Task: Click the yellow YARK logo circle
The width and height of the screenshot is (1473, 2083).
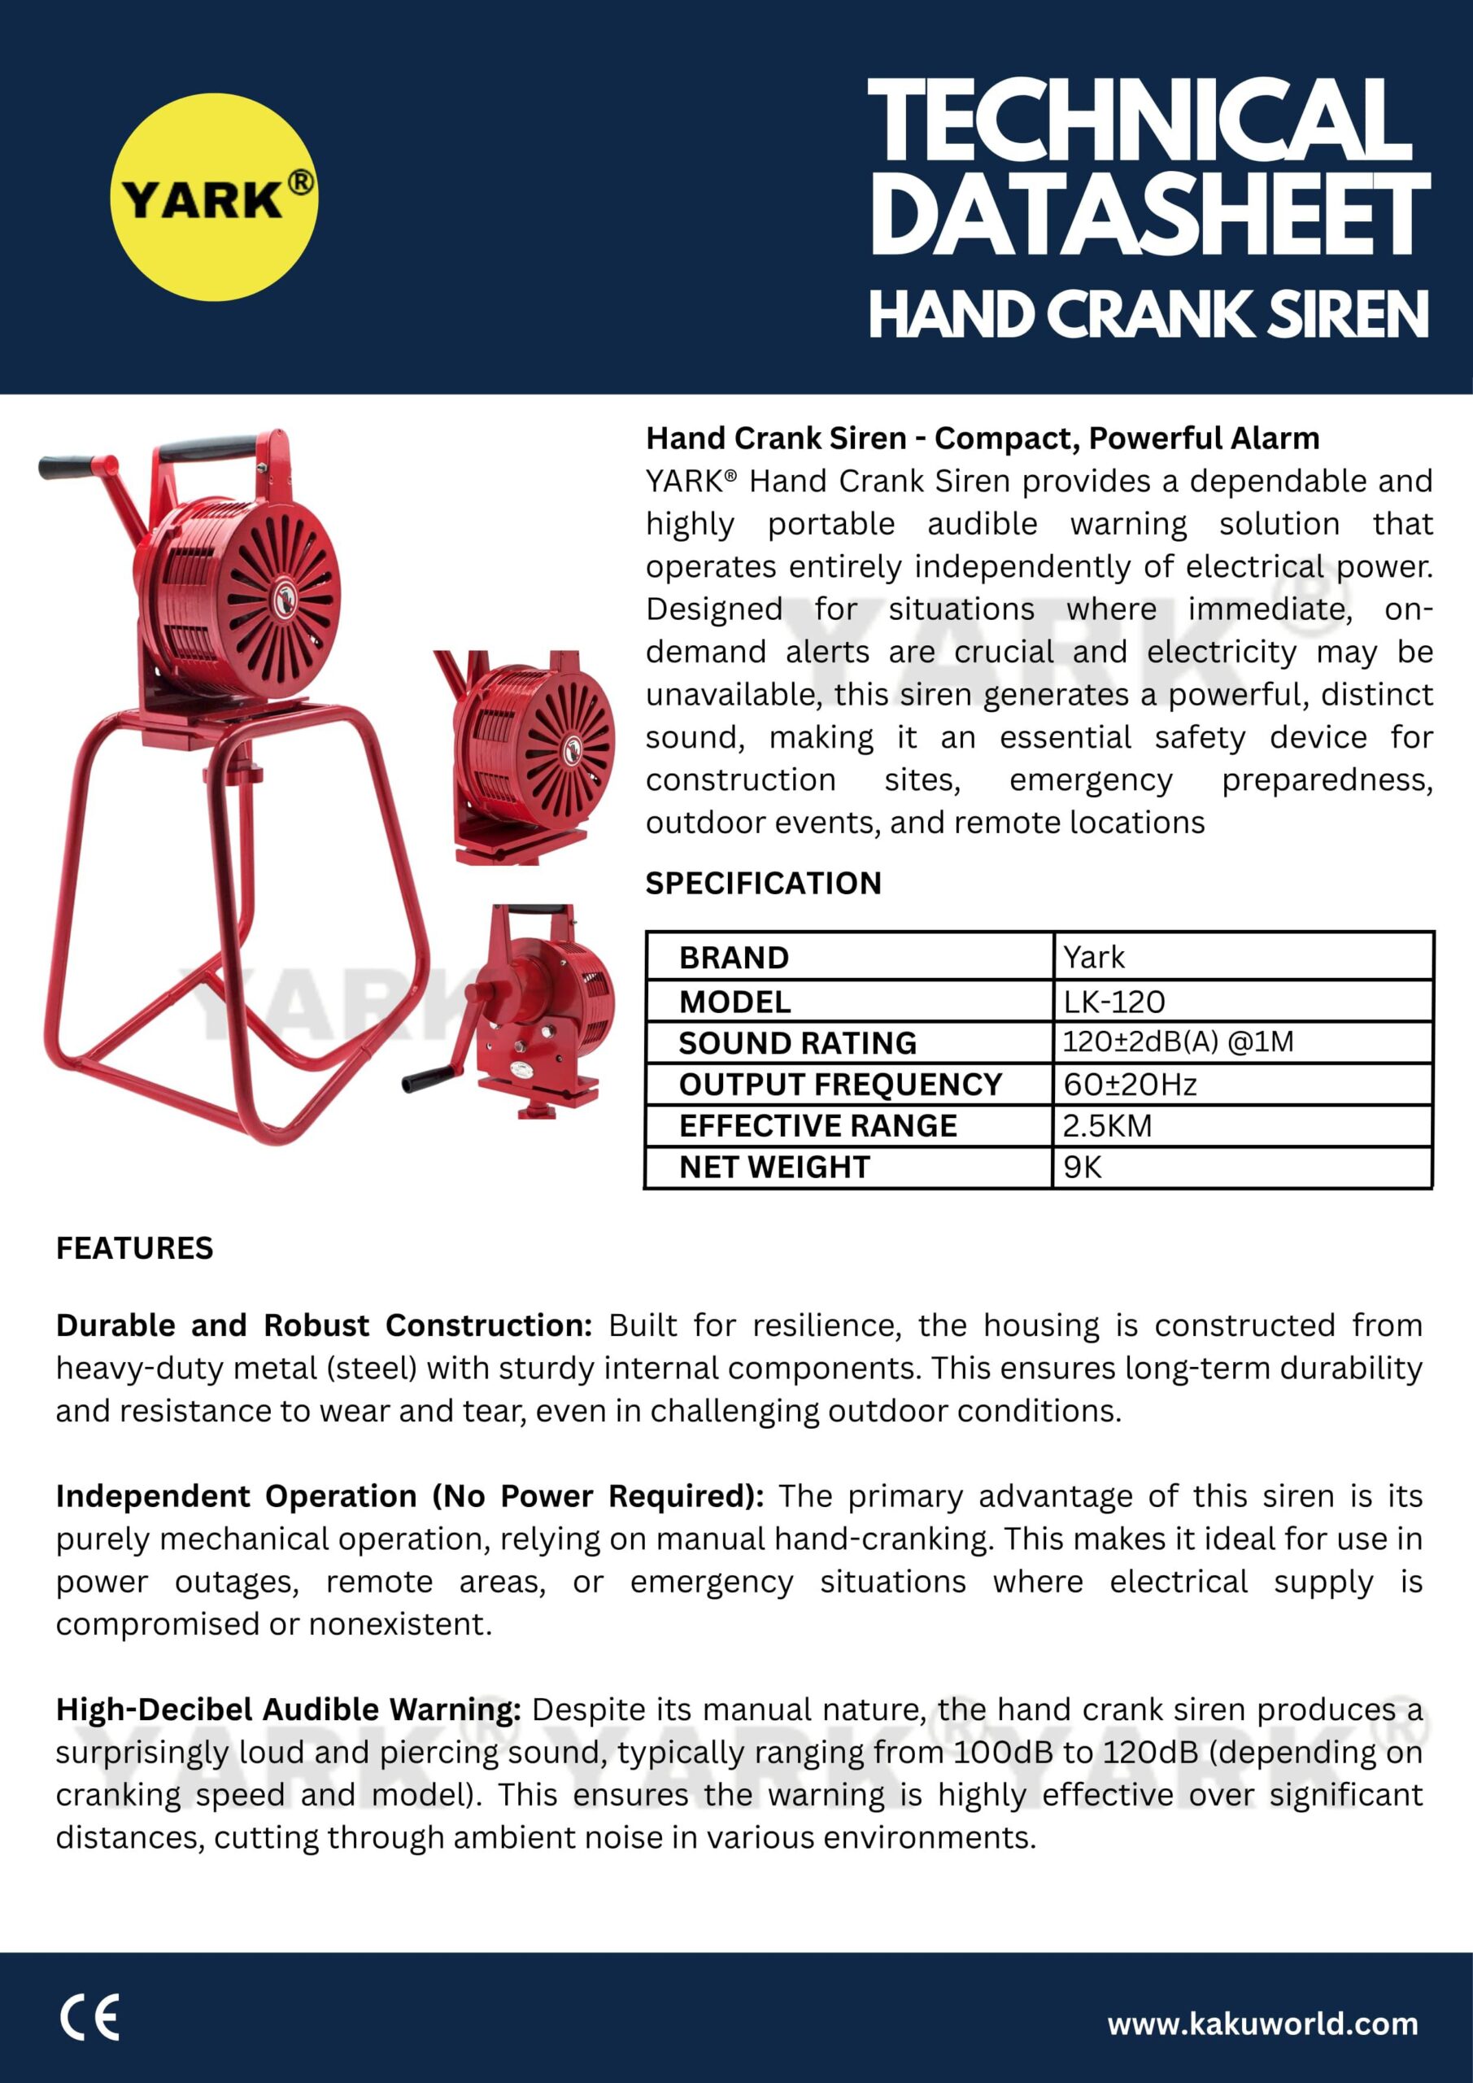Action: [214, 197]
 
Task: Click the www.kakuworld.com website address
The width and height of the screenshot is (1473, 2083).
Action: [1262, 2022]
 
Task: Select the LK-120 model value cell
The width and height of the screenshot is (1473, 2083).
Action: [1113, 1002]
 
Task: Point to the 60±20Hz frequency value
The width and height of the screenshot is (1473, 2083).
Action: [1129, 1084]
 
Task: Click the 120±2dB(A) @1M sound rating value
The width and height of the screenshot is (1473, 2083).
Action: [1177, 1041]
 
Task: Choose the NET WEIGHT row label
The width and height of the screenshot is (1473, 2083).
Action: [774, 1167]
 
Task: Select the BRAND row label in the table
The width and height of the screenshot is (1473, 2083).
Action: [734, 957]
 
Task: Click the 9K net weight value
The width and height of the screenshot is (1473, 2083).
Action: [1082, 1167]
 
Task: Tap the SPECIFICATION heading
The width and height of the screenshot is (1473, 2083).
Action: [763, 883]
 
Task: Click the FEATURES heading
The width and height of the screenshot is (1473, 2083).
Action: [134, 1248]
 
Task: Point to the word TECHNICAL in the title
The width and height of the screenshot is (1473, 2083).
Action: [1140, 120]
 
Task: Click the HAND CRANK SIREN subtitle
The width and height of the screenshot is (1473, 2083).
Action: [1148, 314]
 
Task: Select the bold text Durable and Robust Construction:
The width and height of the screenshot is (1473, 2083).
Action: [324, 1325]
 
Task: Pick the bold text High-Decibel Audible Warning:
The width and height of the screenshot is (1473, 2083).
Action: [289, 1710]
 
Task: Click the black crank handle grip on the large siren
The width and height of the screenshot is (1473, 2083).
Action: [68, 467]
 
